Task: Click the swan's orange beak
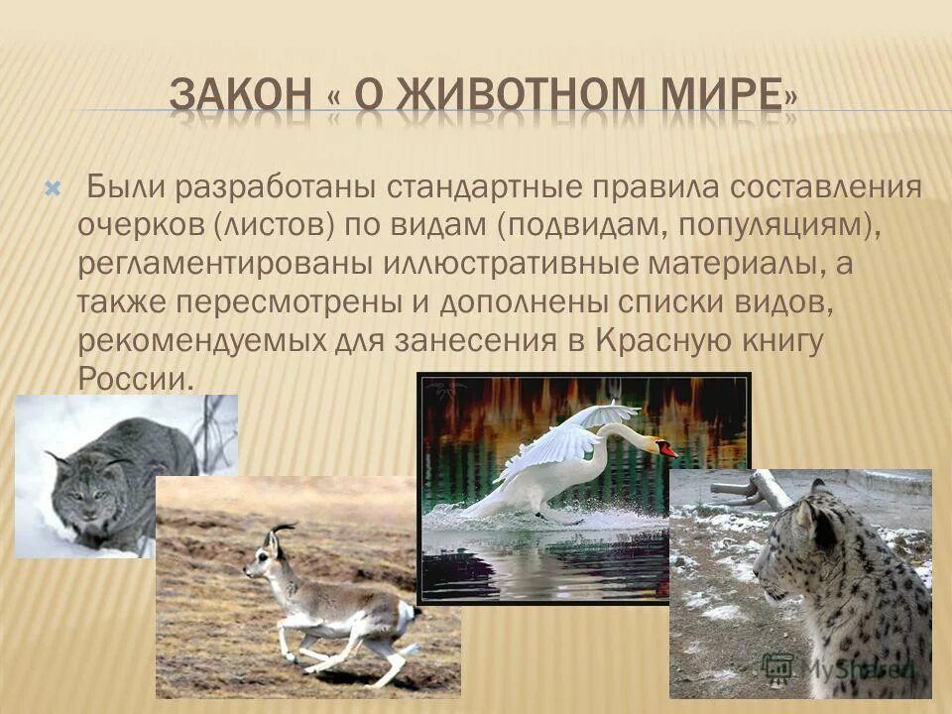click(x=666, y=450)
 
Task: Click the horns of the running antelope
click(x=283, y=531)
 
